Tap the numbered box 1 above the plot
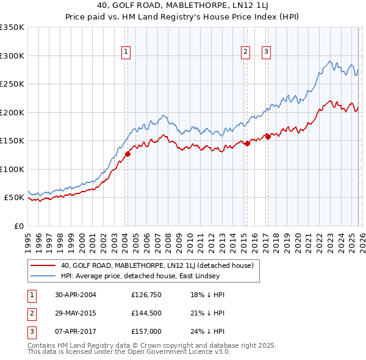126,52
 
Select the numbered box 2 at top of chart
245,52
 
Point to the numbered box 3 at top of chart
267,52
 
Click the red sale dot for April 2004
128,154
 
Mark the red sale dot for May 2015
247,144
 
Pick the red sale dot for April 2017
268,137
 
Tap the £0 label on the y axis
18,226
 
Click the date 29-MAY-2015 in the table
76,313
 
